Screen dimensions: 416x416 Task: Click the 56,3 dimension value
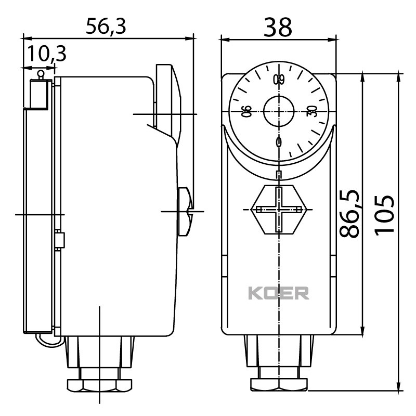[106, 26]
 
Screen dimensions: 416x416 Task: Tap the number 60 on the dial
[280, 80]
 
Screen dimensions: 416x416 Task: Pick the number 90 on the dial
[247, 111]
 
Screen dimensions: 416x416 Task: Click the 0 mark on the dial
[279, 142]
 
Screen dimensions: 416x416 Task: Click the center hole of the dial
[279, 111]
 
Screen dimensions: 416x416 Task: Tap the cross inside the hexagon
[280, 210]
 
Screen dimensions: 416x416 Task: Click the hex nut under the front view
[280, 385]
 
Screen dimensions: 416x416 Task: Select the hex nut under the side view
[99, 385]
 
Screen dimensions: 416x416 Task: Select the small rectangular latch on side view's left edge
[60, 240]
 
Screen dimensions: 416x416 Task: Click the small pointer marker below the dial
[279, 174]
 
